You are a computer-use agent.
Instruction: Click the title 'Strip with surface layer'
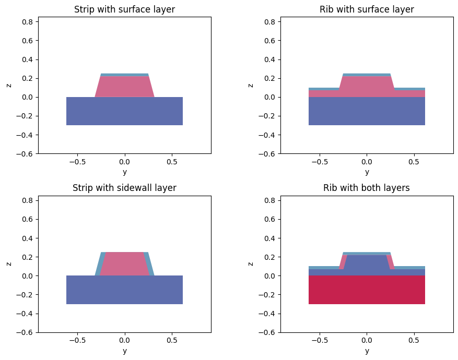coord(124,9)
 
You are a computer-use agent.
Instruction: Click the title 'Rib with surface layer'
coord(367,9)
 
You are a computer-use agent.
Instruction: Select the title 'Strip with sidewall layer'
coord(124,188)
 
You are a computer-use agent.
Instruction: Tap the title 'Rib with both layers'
coord(367,188)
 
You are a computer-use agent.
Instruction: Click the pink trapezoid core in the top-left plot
coord(124,87)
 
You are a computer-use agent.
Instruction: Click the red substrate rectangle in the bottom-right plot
coord(367,290)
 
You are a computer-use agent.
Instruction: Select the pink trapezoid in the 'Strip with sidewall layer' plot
coord(124,264)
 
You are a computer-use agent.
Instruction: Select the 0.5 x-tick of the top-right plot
coord(414,162)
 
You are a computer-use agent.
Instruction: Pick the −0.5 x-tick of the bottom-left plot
coord(77,340)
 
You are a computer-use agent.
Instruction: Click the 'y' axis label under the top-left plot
coord(124,172)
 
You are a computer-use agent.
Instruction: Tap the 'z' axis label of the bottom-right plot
coord(251,264)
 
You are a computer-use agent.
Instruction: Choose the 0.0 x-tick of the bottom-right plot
coord(367,340)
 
